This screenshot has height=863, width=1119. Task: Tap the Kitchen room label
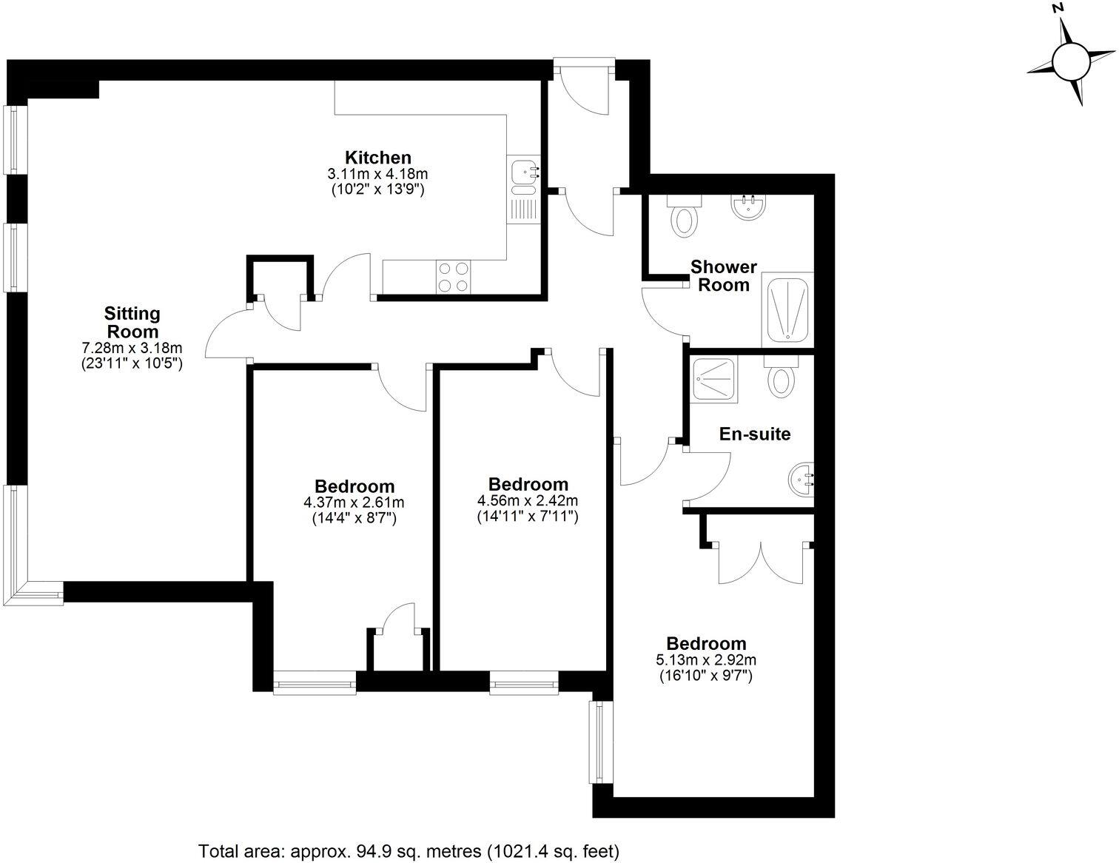tap(377, 158)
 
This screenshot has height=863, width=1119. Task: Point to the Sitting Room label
tap(132, 323)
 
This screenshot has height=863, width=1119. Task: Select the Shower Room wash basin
tap(747, 206)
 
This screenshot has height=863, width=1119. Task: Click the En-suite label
tap(754, 434)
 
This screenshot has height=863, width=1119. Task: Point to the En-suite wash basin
tap(802, 479)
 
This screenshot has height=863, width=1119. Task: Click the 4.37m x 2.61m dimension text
tap(354, 503)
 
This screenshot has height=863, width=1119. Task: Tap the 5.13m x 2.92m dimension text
tap(705, 659)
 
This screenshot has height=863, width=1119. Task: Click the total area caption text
tap(409, 851)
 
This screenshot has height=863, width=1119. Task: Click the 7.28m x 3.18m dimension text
tap(132, 348)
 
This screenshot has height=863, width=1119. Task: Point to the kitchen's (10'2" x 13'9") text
tap(377, 189)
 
